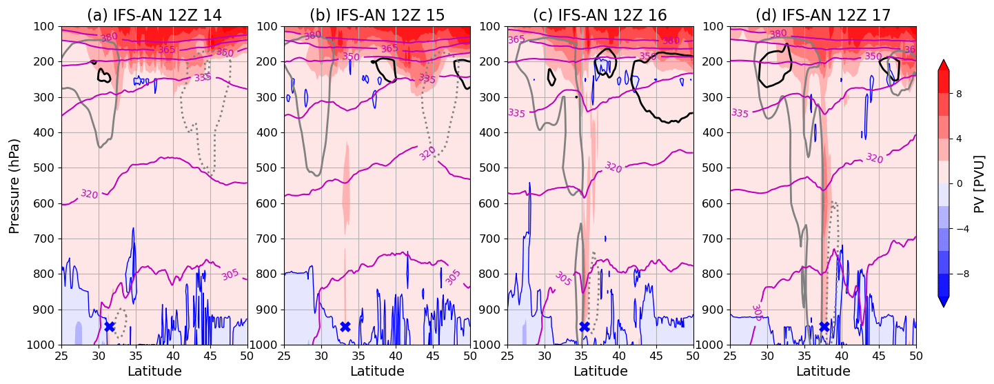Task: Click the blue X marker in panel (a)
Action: pyautogui.click(x=109, y=326)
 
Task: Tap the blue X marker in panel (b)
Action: pyautogui.click(x=345, y=326)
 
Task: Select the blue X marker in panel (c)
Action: pyautogui.click(x=585, y=326)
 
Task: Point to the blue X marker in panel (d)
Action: pyautogui.click(x=824, y=326)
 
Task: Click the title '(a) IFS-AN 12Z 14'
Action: pyautogui.click(x=154, y=15)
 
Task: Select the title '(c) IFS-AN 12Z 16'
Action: pyautogui.click(x=600, y=15)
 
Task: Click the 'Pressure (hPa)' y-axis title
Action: pyautogui.click(x=14, y=185)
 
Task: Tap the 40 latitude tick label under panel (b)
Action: pyautogui.click(x=395, y=356)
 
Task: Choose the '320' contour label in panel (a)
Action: pyautogui.click(x=89, y=194)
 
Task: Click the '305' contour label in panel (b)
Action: pyautogui.click(x=453, y=277)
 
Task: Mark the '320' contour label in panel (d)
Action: pyautogui.click(x=874, y=158)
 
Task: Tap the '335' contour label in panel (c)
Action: pyautogui.click(x=518, y=112)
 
